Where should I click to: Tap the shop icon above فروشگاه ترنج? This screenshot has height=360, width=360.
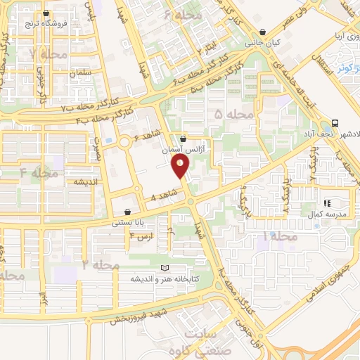46,13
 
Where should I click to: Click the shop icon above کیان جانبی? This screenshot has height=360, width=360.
262,32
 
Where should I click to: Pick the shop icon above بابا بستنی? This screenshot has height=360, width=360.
127,212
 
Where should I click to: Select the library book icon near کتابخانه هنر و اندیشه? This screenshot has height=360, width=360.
165,268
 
